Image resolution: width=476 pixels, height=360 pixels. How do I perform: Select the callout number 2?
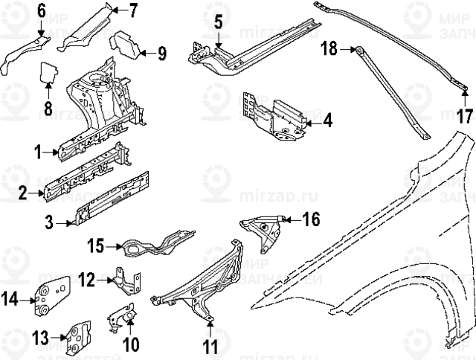(23, 193)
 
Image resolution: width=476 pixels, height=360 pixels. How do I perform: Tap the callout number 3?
(49, 221)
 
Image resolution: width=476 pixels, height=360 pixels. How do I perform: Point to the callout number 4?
(327, 119)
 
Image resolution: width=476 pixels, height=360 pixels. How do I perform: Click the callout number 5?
(218, 22)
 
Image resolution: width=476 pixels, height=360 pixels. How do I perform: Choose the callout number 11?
(210, 346)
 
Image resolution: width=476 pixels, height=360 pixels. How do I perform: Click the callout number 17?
(464, 116)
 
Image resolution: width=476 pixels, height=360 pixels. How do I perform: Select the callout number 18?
(328, 49)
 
